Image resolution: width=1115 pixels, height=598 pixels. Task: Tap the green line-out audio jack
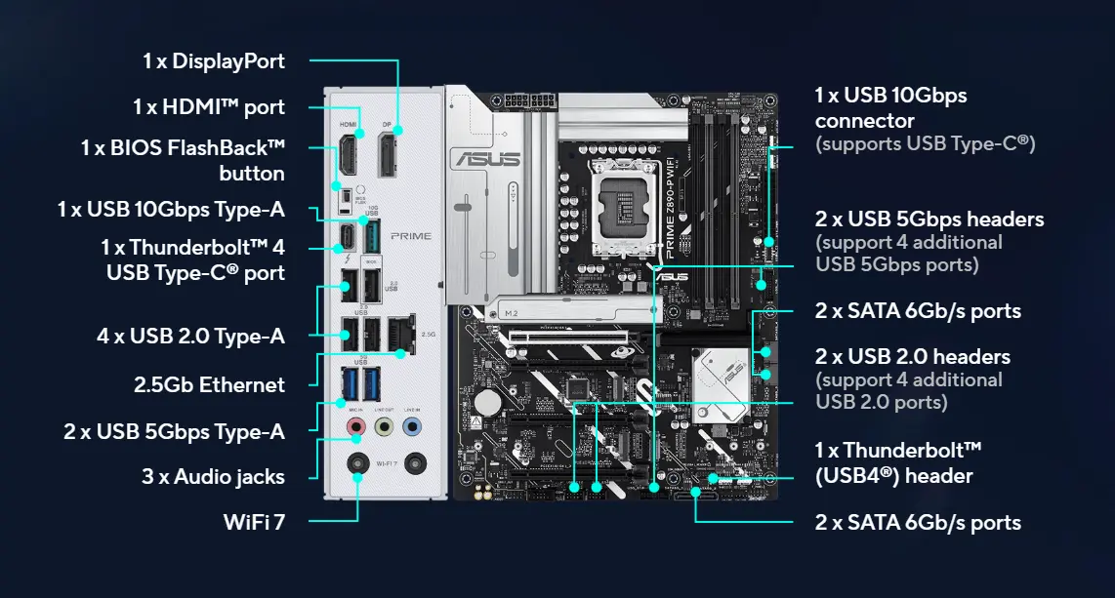click(x=385, y=427)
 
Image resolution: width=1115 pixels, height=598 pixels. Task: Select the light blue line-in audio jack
click(x=412, y=427)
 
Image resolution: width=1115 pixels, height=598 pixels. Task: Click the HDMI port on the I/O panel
click(x=348, y=156)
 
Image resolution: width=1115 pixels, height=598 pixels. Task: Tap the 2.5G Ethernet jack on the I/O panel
click(x=400, y=334)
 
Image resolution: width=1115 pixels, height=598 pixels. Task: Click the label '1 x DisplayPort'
click(x=214, y=60)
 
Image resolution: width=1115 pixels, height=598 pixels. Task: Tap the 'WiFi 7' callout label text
click(x=254, y=522)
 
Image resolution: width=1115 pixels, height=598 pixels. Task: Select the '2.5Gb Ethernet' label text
click(x=209, y=384)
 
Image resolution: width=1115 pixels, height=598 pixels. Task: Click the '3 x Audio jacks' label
click(x=213, y=477)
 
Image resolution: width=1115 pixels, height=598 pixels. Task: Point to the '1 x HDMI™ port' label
click(x=209, y=106)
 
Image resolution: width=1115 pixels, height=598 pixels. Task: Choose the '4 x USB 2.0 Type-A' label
click(x=190, y=337)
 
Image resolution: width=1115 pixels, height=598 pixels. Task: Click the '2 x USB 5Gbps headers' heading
click(x=929, y=219)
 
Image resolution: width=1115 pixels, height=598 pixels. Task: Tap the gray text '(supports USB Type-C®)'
click(x=925, y=144)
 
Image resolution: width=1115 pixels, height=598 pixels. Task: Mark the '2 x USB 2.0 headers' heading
click(x=913, y=356)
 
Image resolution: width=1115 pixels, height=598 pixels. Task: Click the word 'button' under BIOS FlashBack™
click(x=252, y=174)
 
